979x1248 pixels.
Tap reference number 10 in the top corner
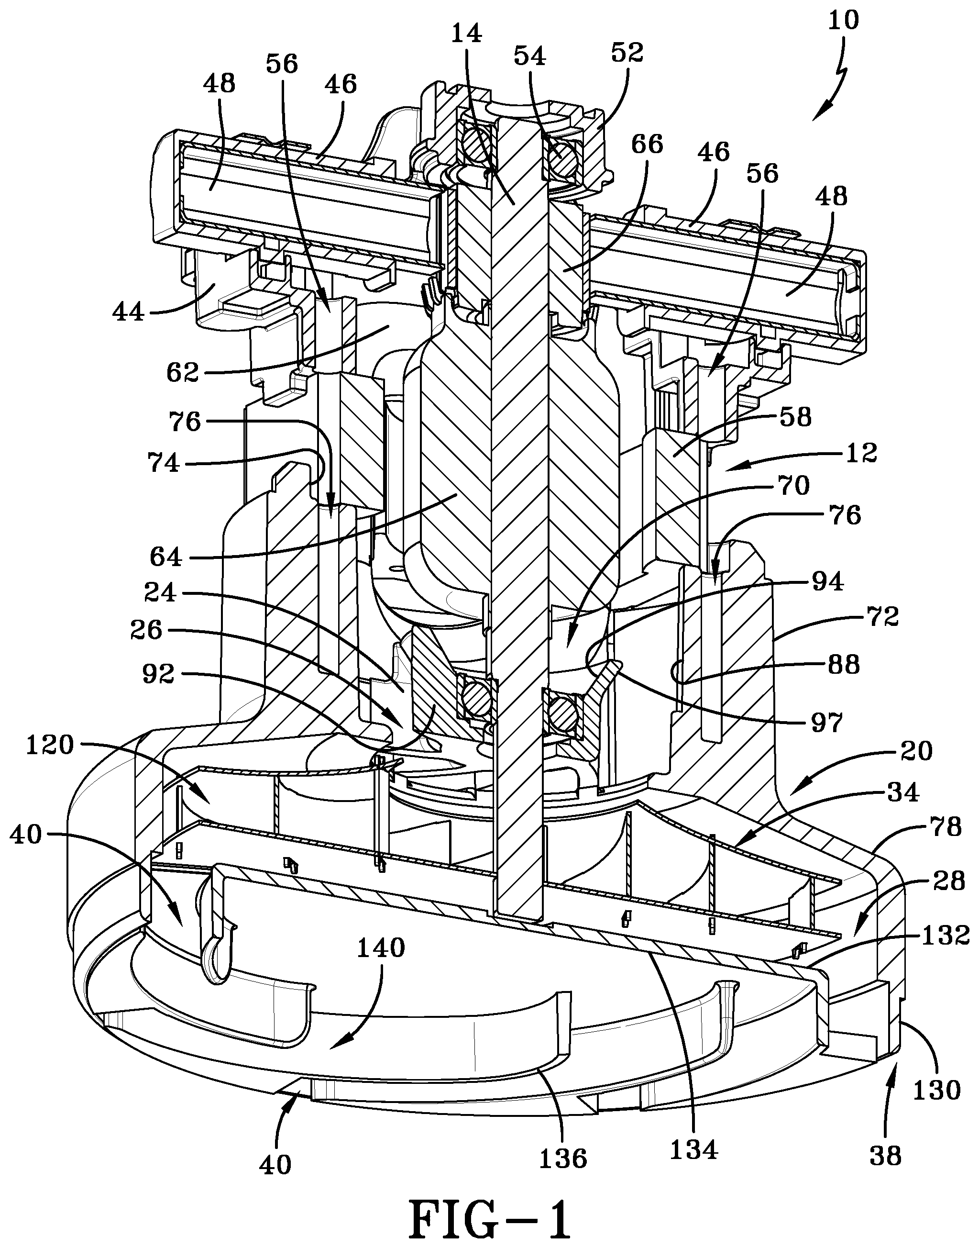843,21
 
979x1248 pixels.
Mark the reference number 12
860,453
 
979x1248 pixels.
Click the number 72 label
883,617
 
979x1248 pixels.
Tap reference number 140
381,948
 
